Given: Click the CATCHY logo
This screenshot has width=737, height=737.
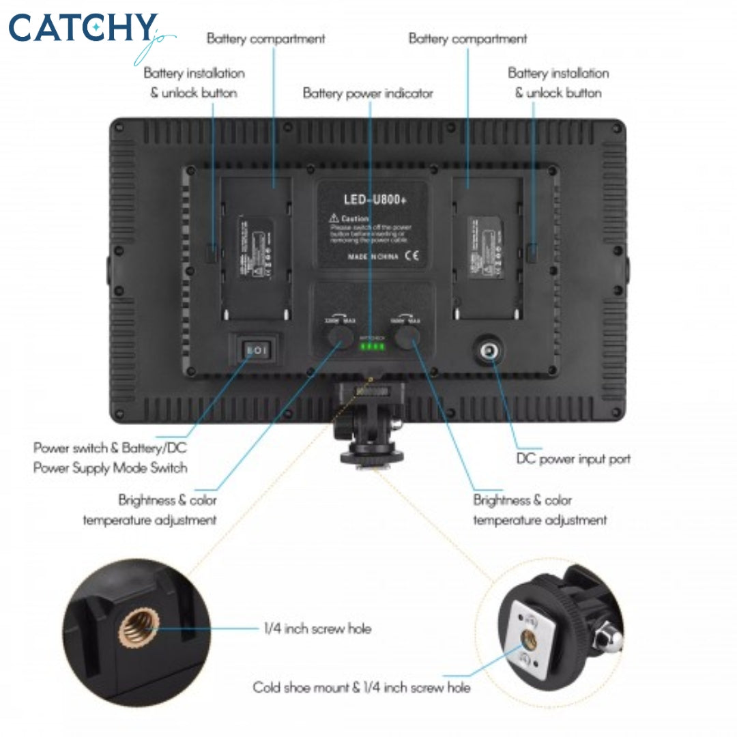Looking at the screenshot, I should click(x=82, y=29).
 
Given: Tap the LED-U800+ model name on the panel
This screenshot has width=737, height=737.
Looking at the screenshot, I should click(x=373, y=199).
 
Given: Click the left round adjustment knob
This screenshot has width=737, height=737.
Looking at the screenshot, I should click(x=337, y=336).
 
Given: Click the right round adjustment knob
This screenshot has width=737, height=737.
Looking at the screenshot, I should click(x=407, y=336).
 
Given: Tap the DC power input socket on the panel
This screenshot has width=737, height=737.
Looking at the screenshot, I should click(x=489, y=351).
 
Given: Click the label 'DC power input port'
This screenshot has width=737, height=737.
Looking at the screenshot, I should click(x=573, y=459).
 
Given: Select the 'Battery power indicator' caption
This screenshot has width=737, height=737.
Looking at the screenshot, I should click(x=368, y=93).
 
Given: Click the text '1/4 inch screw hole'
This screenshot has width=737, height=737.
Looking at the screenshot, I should click(x=317, y=628).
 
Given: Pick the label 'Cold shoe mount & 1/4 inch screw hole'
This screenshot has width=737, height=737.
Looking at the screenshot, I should click(x=362, y=687).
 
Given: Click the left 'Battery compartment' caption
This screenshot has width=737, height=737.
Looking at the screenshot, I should click(x=266, y=39).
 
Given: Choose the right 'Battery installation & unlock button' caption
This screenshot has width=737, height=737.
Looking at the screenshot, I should click(x=558, y=83).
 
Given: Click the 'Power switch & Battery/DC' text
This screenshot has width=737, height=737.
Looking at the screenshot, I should click(x=110, y=448).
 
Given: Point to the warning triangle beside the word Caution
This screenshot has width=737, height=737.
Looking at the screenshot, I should click(x=334, y=218).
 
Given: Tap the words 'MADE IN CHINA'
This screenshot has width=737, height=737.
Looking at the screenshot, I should click(x=373, y=257).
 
